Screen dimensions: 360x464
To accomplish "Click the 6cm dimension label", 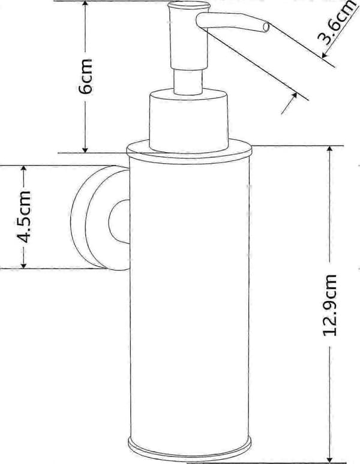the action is tap(85, 76).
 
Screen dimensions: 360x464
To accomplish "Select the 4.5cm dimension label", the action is tap(23, 216).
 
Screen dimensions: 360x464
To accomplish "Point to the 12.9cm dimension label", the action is tap(329, 305).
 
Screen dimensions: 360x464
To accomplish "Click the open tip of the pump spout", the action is tap(266, 27).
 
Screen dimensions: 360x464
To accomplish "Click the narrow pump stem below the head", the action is tap(188, 82).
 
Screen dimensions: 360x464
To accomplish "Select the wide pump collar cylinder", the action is tap(189, 120).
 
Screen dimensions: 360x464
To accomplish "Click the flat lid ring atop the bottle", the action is tap(189, 152).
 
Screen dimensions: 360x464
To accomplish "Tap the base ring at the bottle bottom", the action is tap(190, 449).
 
